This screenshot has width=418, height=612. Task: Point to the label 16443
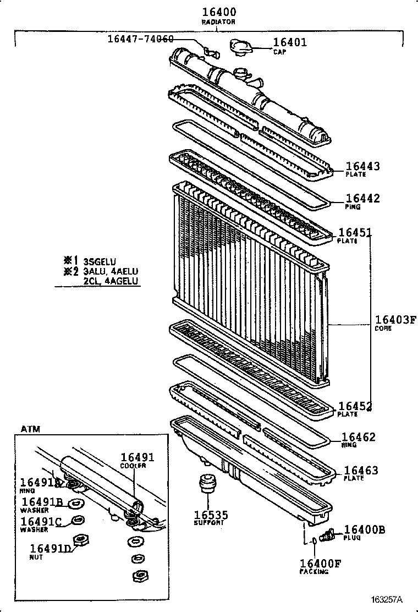(362, 166)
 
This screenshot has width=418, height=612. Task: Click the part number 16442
(362, 199)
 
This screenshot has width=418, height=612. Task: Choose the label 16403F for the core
(395, 320)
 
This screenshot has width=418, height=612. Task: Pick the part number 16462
(359, 437)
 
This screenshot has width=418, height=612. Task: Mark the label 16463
(361, 471)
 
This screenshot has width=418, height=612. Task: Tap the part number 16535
(210, 515)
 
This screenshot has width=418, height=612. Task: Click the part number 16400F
(321, 563)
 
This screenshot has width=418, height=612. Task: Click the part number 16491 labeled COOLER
(137, 457)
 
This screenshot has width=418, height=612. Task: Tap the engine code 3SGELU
(100, 261)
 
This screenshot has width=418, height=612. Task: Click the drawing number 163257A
(387, 599)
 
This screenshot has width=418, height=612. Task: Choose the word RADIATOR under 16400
(218, 22)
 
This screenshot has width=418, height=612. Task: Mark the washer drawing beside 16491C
(79, 520)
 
